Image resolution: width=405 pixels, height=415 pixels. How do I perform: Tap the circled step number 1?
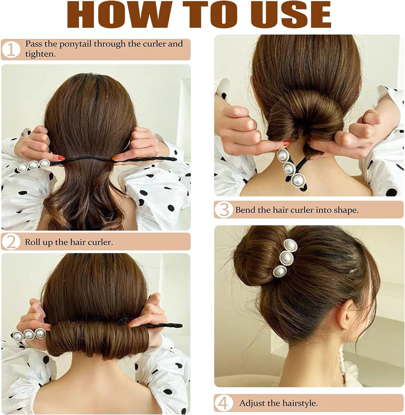pos(11,49)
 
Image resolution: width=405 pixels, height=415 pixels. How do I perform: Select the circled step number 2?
pos(11,242)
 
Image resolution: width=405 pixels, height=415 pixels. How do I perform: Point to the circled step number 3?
pos(224,210)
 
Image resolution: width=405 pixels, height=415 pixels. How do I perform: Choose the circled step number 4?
pos(223,403)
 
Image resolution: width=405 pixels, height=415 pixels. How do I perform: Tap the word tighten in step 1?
pos(40,54)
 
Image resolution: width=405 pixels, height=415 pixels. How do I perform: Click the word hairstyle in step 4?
pos(300,403)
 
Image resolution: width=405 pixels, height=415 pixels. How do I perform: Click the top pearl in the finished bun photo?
pos(290,245)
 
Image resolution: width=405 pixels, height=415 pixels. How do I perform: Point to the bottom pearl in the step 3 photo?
pos(298,180)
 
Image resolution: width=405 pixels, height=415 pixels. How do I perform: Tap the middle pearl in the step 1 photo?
pos(33,165)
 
